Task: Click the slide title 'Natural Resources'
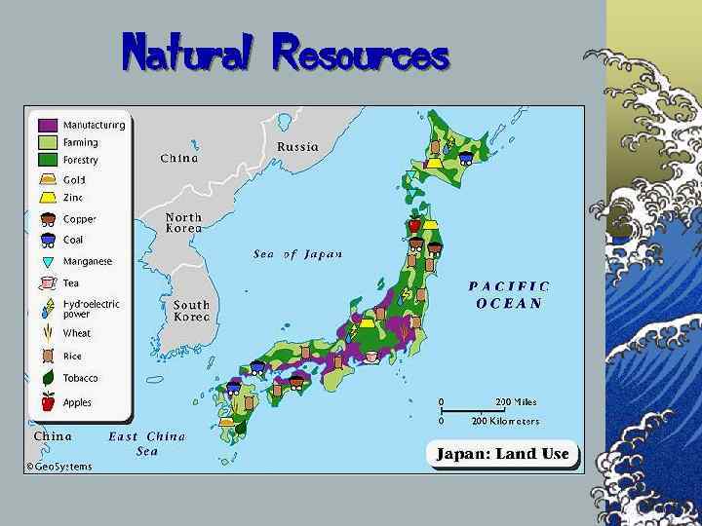click(285, 53)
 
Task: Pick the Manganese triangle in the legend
click(48, 261)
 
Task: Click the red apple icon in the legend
click(48, 401)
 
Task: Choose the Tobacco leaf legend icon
click(48, 378)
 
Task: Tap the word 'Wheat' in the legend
click(77, 333)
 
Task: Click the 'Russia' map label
click(297, 147)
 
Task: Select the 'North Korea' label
click(183, 223)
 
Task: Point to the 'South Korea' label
click(191, 311)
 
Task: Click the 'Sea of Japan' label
click(297, 254)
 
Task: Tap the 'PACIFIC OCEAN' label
click(509, 294)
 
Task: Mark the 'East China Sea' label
click(146, 443)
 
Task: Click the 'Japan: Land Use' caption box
click(502, 454)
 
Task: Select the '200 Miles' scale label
click(516, 401)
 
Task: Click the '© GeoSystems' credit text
click(59, 466)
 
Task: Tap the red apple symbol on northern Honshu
click(414, 224)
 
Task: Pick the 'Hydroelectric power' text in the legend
click(91, 309)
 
